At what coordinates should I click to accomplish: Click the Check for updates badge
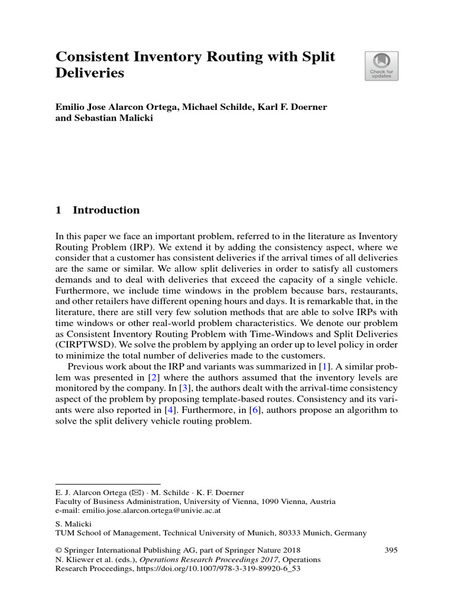pyautogui.click(x=381, y=66)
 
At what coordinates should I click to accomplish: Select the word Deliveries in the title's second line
pyautogui.click(x=90, y=74)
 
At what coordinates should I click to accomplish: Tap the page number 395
pyautogui.click(x=391, y=550)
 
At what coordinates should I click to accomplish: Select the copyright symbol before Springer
pyautogui.click(x=59, y=550)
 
